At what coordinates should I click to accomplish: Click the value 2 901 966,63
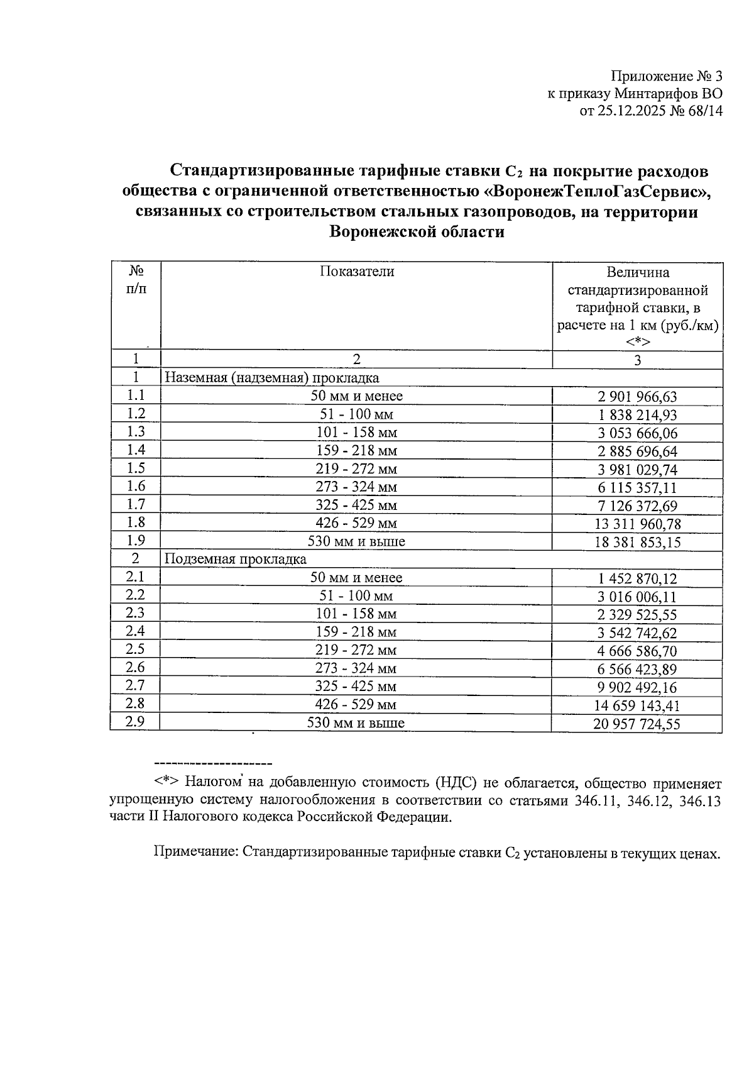(637, 397)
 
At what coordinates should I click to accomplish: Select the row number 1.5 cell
(136, 468)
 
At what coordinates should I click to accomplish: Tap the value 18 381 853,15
(637, 543)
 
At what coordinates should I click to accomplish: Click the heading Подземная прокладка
(236, 559)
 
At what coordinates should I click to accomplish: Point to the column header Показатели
(356, 272)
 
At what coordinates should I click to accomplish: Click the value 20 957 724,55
(637, 724)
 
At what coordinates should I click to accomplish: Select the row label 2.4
(135, 631)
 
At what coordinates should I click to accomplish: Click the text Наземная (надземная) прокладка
(272, 378)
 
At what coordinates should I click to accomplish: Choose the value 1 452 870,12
(637, 579)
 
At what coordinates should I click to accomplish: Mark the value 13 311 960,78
(637, 524)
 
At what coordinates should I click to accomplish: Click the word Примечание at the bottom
(195, 853)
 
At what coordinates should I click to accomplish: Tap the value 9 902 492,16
(637, 688)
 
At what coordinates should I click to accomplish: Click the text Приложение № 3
(667, 77)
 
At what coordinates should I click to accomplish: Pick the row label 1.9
(136, 541)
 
